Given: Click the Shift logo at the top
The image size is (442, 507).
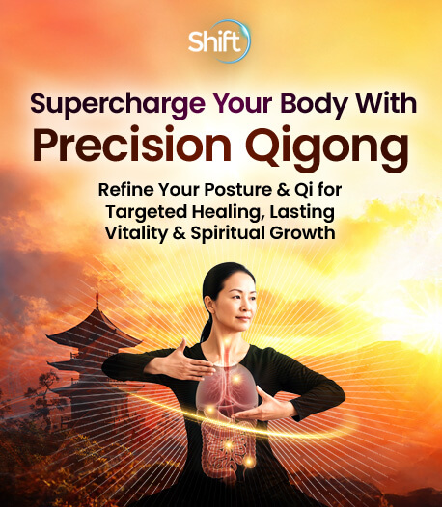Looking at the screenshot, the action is [x=219, y=41].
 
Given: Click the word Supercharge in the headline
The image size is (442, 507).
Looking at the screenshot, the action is [x=117, y=104].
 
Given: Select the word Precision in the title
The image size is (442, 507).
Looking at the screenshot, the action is [x=132, y=146].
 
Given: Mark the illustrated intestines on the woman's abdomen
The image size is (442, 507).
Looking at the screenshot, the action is [x=227, y=443].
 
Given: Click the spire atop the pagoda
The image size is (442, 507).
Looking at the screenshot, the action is [x=97, y=301].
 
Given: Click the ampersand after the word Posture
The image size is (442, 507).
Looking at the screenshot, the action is [x=283, y=190].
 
